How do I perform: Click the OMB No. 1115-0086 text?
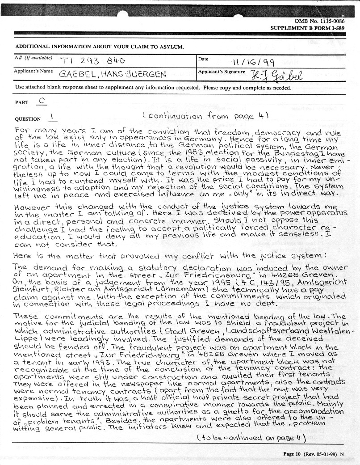click(x=319, y=21)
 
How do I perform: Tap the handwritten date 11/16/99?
click(x=254, y=62)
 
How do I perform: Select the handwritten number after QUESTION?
click(x=52, y=118)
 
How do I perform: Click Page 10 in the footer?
click(x=293, y=454)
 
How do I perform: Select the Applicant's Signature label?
click(x=221, y=72)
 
